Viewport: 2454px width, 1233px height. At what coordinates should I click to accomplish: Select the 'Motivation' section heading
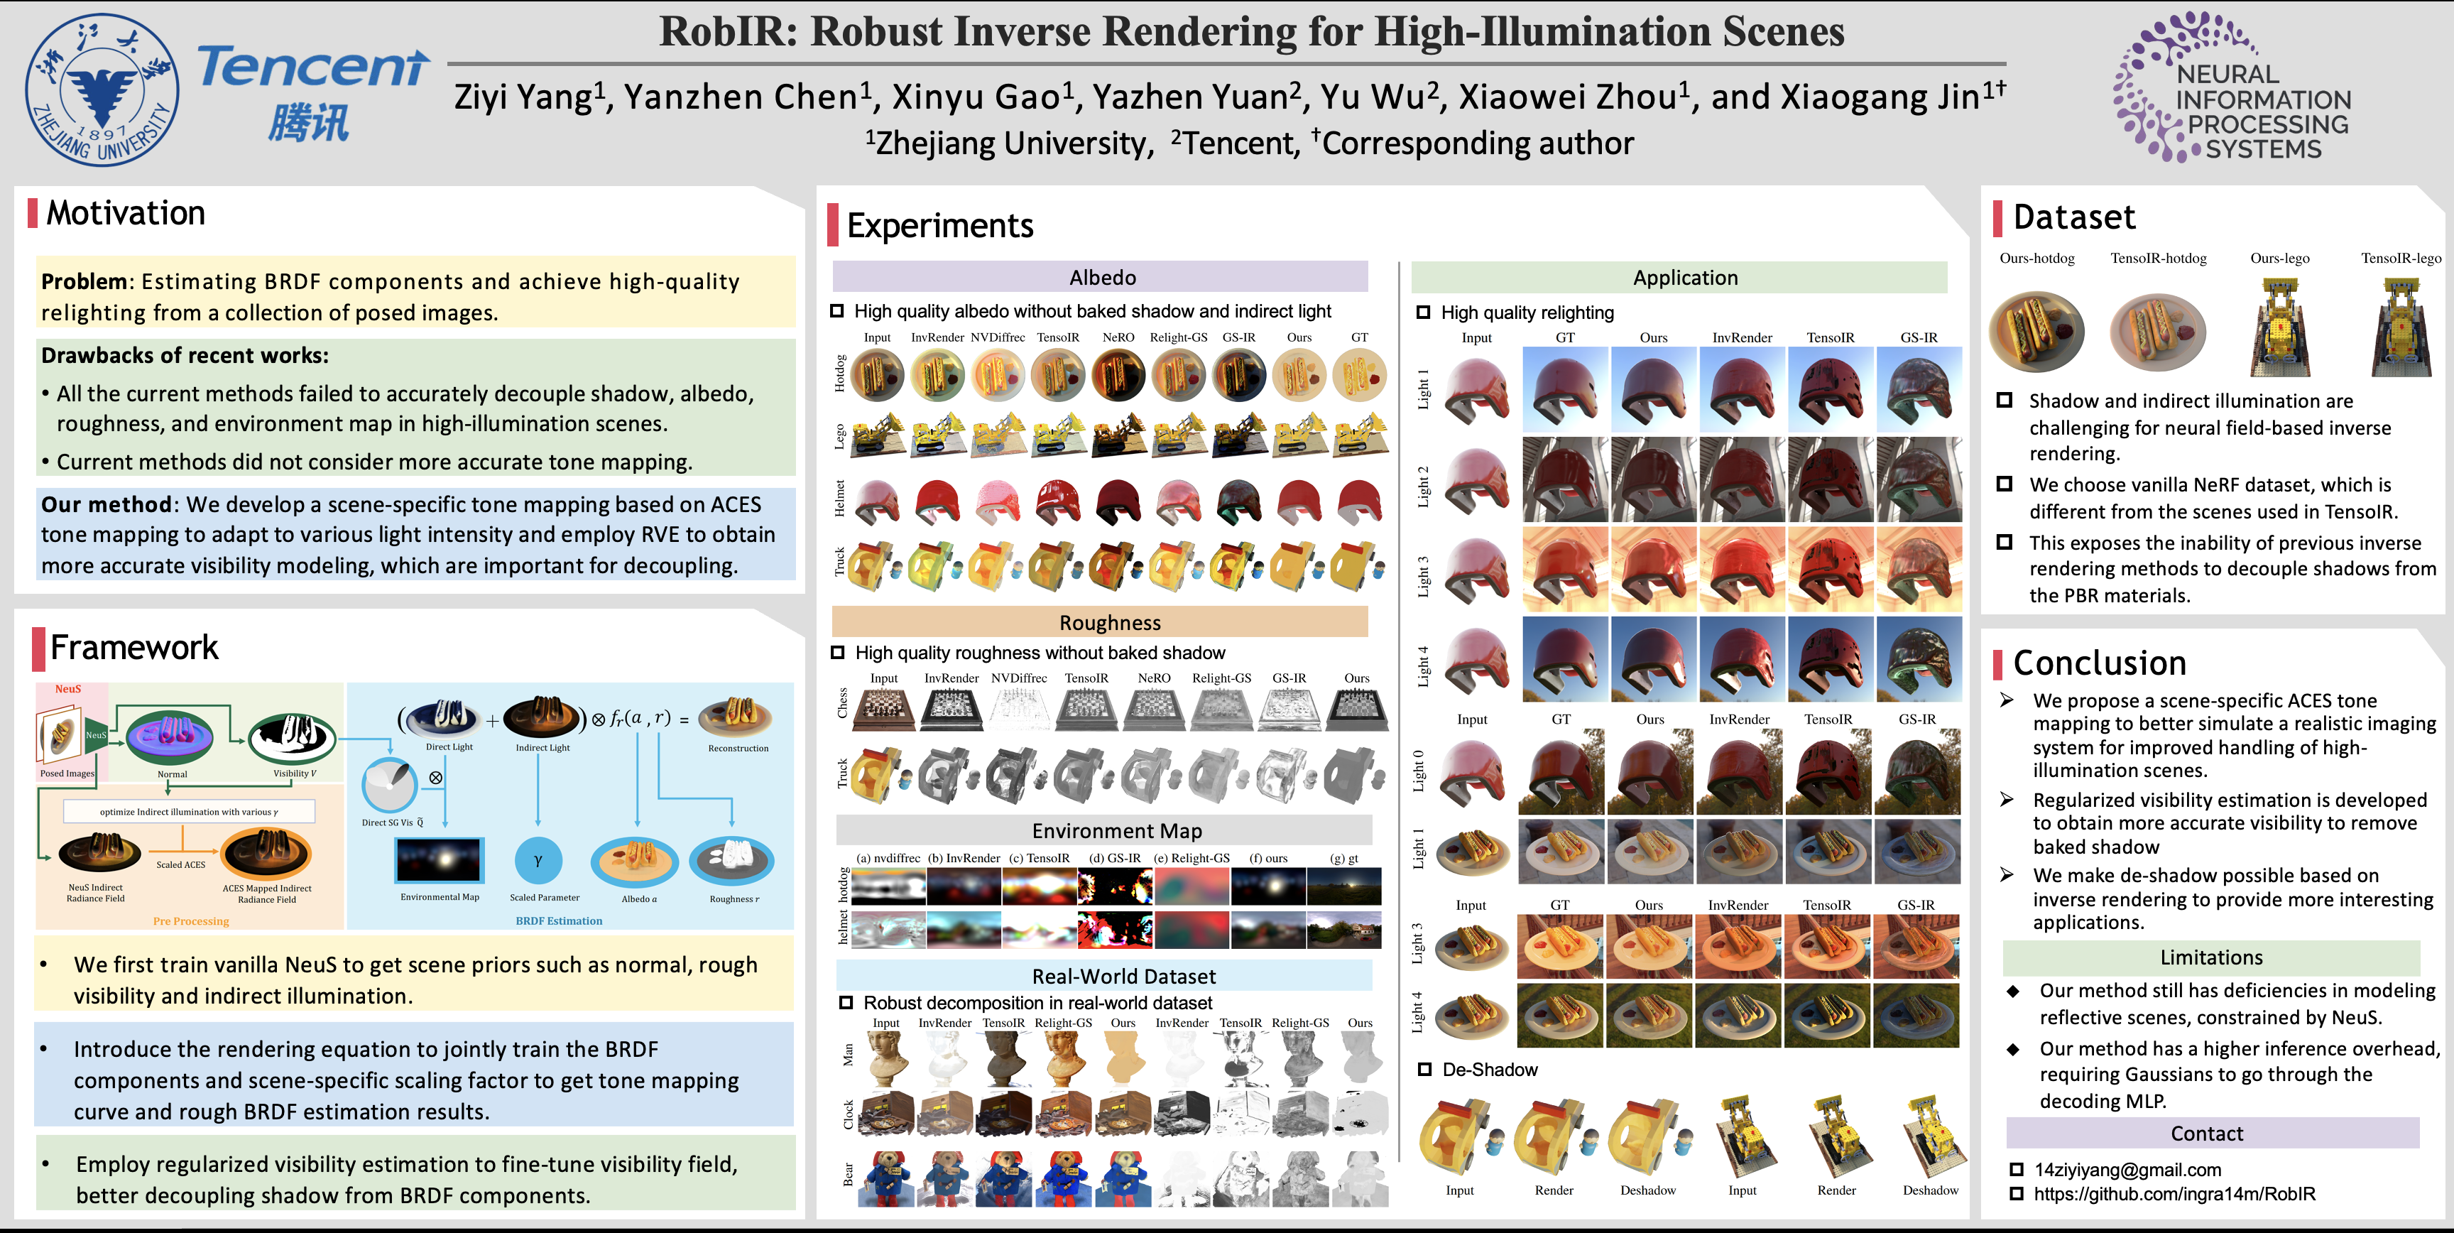tap(126, 212)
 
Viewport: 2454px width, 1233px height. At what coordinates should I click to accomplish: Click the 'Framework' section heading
tap(134, 648)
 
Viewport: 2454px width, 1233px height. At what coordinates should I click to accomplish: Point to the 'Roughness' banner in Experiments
tap(1110, 622)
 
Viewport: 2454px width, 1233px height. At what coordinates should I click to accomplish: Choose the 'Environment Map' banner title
tap(1116, 831)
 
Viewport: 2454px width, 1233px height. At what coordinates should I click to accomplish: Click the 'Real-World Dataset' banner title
tap(1123, 977)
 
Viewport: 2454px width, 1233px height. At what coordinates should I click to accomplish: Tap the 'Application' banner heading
tap(1684, 277)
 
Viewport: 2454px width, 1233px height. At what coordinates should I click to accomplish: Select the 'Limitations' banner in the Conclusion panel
tap(2211, 957)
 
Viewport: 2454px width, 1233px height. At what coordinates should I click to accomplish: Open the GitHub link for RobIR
tap(2174, 1194)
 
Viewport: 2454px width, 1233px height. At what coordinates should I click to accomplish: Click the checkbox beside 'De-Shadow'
tap(1425, 1069)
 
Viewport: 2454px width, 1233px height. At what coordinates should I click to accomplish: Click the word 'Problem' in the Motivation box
tap(84, 281)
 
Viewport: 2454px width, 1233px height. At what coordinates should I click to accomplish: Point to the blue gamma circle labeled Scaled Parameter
tap(538, 860)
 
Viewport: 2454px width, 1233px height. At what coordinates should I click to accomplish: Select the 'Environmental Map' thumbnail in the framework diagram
tap(439, 860)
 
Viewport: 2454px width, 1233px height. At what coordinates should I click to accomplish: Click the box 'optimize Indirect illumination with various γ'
tap(189, 812)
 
